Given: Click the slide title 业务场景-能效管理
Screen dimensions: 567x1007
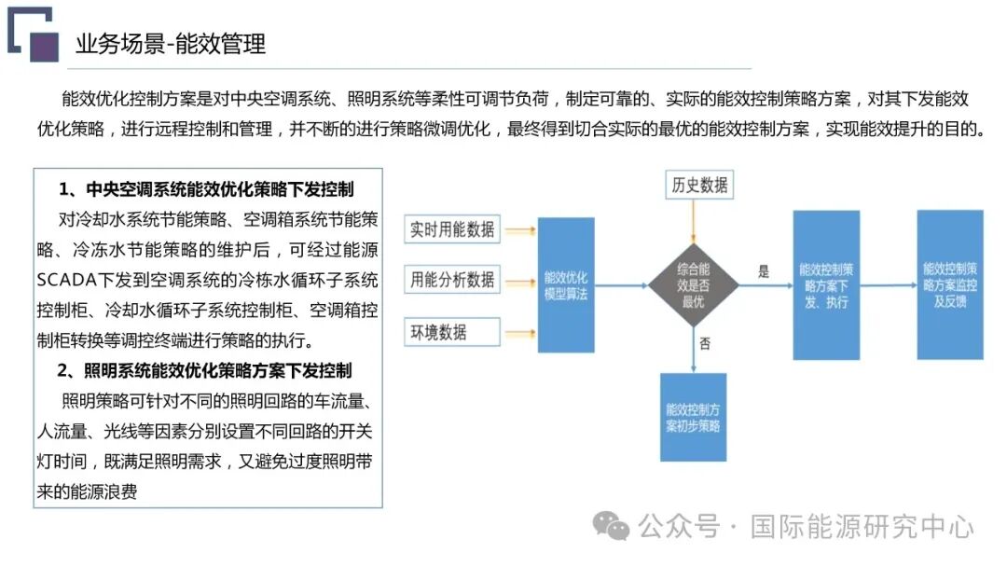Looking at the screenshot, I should (x=171, y=44).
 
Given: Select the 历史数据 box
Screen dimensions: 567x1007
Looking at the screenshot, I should (x=699, y=185).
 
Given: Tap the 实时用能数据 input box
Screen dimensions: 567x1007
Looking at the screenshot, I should (x=453, y=229).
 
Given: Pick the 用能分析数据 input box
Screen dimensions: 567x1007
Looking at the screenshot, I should (x=453, y=279).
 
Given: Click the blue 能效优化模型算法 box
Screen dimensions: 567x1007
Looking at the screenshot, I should (x=566, y=284).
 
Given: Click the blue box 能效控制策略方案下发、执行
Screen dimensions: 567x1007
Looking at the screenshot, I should (x=824, y=284).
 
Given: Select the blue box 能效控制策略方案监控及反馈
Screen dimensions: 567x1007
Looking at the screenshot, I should (x=949, y=284).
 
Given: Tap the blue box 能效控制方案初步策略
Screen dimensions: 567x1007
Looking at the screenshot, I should (x=692, y=417).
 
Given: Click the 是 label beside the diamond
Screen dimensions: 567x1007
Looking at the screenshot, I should (x=764, y=272).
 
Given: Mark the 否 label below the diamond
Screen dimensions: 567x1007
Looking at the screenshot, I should (x=705, y=343).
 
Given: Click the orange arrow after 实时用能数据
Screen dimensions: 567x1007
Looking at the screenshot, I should (x=520, y=229).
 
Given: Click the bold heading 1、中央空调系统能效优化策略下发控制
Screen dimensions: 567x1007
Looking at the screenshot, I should (x=206, y=189).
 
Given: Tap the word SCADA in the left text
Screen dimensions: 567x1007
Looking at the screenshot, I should (x=67, y=280).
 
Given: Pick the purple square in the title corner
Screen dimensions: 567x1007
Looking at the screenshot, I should (x=44, y=47).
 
